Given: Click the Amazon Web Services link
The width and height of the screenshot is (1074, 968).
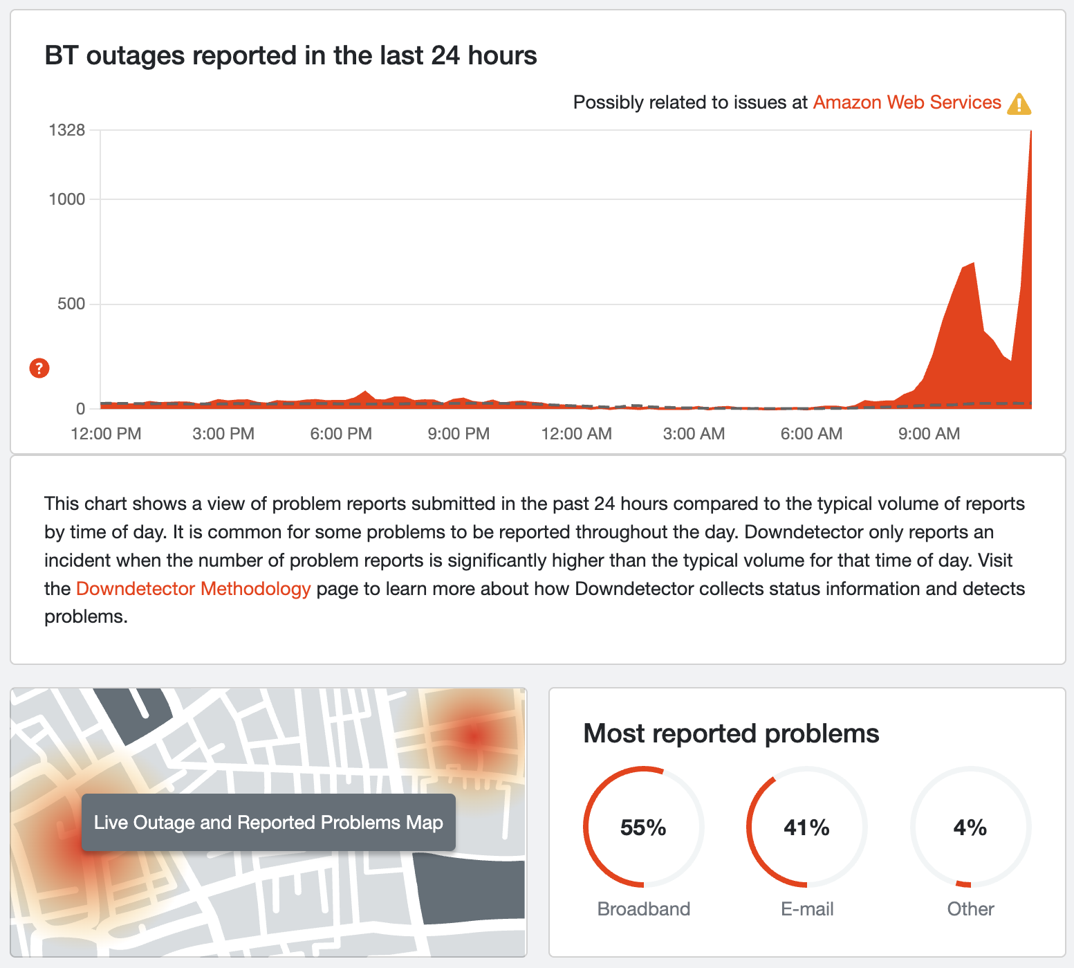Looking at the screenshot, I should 907,102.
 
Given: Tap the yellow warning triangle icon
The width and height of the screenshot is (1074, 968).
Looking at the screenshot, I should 1019,104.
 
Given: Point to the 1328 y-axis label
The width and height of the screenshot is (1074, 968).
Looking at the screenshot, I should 66,129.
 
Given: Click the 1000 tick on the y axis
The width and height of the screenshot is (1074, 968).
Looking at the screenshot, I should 66,199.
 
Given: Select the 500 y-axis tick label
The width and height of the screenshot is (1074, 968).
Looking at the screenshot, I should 71,304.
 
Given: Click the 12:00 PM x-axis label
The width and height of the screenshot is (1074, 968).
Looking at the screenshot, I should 106,434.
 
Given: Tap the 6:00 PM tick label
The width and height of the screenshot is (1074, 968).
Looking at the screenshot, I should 341,434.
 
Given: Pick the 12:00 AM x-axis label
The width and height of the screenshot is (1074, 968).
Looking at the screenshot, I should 576,434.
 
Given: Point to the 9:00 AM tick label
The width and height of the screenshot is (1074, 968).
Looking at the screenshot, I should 929,434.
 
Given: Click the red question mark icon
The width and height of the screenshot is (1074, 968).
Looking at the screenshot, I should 39,368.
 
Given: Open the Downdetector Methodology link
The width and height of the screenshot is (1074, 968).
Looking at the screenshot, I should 193,589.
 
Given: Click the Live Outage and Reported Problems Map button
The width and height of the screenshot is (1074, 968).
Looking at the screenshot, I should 268,823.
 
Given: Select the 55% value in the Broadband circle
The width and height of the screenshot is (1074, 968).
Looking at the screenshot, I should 643,828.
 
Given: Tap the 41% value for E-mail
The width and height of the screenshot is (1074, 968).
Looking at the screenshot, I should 806,828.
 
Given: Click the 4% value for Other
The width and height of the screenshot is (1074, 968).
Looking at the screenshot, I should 970,828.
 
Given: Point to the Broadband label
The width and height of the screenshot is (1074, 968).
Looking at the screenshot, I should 643,908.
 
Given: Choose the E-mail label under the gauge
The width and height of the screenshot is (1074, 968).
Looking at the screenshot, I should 807,908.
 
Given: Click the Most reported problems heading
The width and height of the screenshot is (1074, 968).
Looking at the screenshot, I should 731,733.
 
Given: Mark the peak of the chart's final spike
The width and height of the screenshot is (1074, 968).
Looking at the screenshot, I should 1030,131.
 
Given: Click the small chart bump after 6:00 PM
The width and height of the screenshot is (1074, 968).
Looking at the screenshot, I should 365,392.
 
